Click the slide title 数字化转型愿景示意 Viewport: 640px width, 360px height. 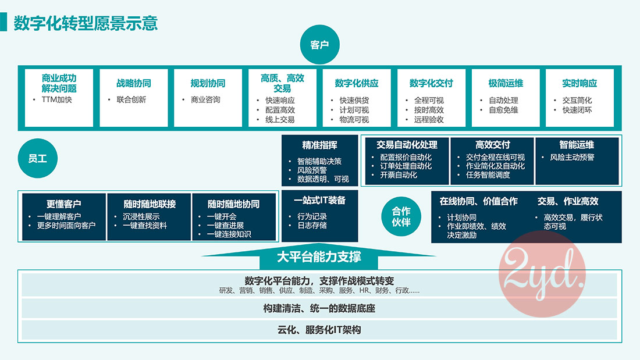86,23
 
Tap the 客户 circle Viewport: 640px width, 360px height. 319,45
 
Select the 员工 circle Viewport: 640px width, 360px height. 38,158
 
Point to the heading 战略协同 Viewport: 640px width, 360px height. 133,83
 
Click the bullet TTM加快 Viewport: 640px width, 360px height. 56,99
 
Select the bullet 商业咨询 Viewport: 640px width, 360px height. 205,99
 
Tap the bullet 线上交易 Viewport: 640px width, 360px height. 280,119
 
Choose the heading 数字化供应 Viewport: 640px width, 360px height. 357,83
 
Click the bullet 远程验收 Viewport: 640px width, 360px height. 429,119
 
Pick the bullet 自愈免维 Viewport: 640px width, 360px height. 503,109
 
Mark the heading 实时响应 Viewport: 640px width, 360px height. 579,83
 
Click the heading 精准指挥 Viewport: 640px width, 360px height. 319,145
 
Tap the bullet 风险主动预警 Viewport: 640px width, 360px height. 572,157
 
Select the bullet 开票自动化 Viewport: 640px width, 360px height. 399,174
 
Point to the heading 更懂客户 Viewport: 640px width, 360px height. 64,204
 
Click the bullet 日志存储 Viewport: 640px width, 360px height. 312,225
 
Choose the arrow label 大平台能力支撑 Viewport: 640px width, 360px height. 319,256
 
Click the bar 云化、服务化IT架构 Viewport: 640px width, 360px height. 319,330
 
